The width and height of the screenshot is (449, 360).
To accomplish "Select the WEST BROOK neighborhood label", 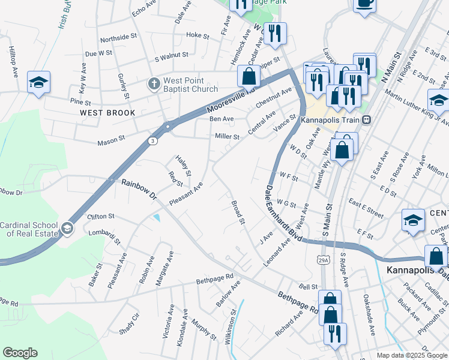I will point(106,112).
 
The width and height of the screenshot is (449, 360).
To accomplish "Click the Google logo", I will point(20,352).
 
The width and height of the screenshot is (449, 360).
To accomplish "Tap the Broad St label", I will point(238,212).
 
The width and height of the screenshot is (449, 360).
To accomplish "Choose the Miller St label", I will point(228,137).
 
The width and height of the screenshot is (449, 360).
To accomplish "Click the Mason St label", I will point(111,143).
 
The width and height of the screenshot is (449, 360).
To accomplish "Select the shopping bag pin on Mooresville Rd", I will point(249,77).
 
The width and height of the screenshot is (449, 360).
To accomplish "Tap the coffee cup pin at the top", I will point(364,4).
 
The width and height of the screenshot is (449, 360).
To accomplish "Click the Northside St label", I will point(119,37).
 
